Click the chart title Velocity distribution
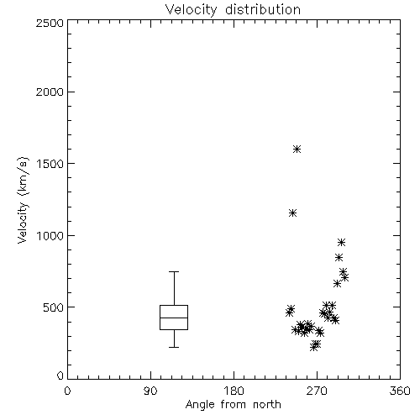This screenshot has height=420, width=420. tap(233, 9)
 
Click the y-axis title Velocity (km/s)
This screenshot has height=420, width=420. tap(23, 200)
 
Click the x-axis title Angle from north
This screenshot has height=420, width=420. tap(233, 404)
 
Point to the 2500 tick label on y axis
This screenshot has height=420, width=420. tap(50, 23)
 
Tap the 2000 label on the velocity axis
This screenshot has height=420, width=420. tap(50, 92)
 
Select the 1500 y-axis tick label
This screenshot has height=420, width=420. tap(50, 164)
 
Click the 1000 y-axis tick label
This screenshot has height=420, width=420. tap(50, 236)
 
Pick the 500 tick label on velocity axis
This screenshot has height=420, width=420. tap(54, 307)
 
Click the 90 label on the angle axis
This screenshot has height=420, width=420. tap(150, 391)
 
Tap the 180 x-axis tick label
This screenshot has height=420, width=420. tap(234, 391)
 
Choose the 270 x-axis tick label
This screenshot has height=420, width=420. tap(317, 391)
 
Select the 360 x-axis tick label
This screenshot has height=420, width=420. tap(400, 391)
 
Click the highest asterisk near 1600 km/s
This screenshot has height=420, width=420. tap(297, 150)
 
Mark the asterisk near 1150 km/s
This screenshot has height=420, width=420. tap(292, 213)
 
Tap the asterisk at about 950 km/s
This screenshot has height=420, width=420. tap(341, 242)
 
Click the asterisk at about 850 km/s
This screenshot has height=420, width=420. tap(339, 257)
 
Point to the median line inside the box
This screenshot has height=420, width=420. tap(174, 318)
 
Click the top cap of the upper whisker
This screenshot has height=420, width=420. tap(174, 271)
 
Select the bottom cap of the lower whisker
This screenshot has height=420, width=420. tap(174, 347)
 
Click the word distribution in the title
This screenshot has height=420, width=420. tap(263, 9)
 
